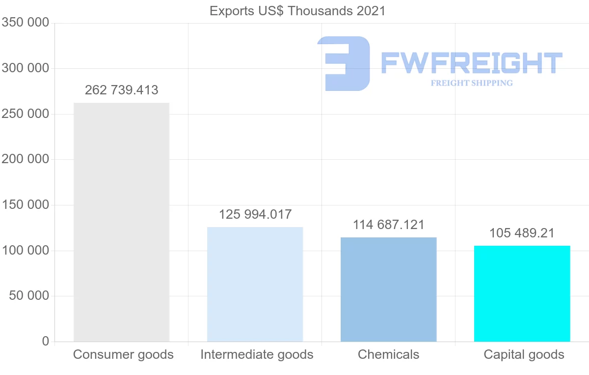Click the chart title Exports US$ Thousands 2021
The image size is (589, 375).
[297, 11]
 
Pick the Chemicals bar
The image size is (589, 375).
[388, 289]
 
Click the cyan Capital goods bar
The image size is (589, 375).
[522, 293]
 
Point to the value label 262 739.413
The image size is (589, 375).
[122, 90]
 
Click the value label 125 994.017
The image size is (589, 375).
[255, 215]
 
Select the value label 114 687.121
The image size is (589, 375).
[389, 225]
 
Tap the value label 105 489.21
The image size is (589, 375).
[522, 233]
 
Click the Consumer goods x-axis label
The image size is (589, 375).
[123, 354]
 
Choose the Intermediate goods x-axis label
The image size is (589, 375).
[257, 354]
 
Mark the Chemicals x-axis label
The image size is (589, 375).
[389, 354]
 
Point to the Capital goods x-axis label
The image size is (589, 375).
[524, 354]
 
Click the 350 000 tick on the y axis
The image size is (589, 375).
[26, 23]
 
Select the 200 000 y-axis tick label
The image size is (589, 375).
[26, 159]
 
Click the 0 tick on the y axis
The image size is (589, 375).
[46, 341]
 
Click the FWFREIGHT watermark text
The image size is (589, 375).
[471, 63]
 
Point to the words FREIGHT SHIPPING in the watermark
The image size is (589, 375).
[472, 83]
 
